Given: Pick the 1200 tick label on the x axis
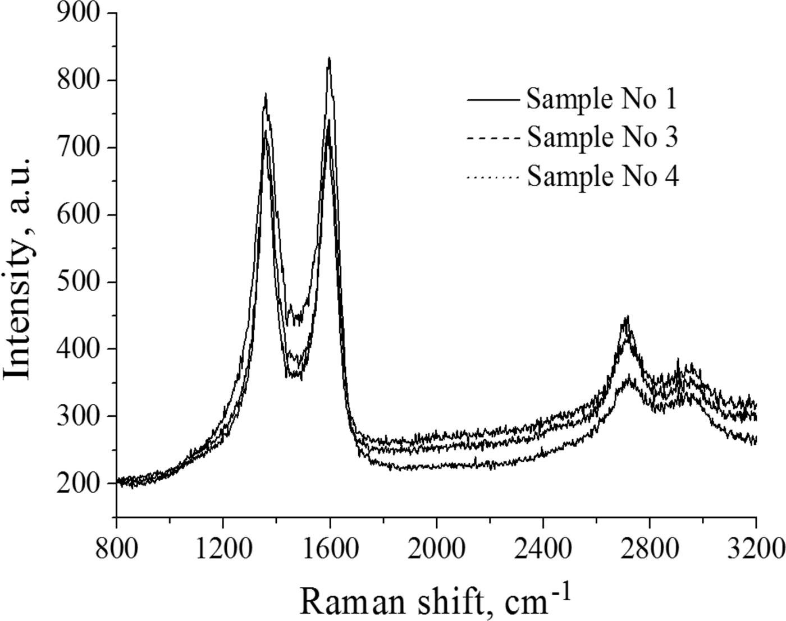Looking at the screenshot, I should (x=223, y=546).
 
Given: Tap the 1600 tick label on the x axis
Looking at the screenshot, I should (x=330, y=546).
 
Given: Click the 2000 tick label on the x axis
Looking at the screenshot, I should (x=436, y=546).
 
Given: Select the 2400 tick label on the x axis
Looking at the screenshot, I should (x=543, y=546).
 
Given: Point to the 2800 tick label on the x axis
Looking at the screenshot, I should (x=650, y=546).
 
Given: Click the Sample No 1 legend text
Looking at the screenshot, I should (x=602, y=99).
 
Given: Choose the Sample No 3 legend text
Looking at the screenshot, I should (x=602, y=137).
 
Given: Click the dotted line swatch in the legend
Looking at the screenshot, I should (x=493, y=178).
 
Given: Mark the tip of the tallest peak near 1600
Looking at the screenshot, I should (x=329, y=58).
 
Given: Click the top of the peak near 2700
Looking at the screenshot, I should (x=627, y=316).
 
